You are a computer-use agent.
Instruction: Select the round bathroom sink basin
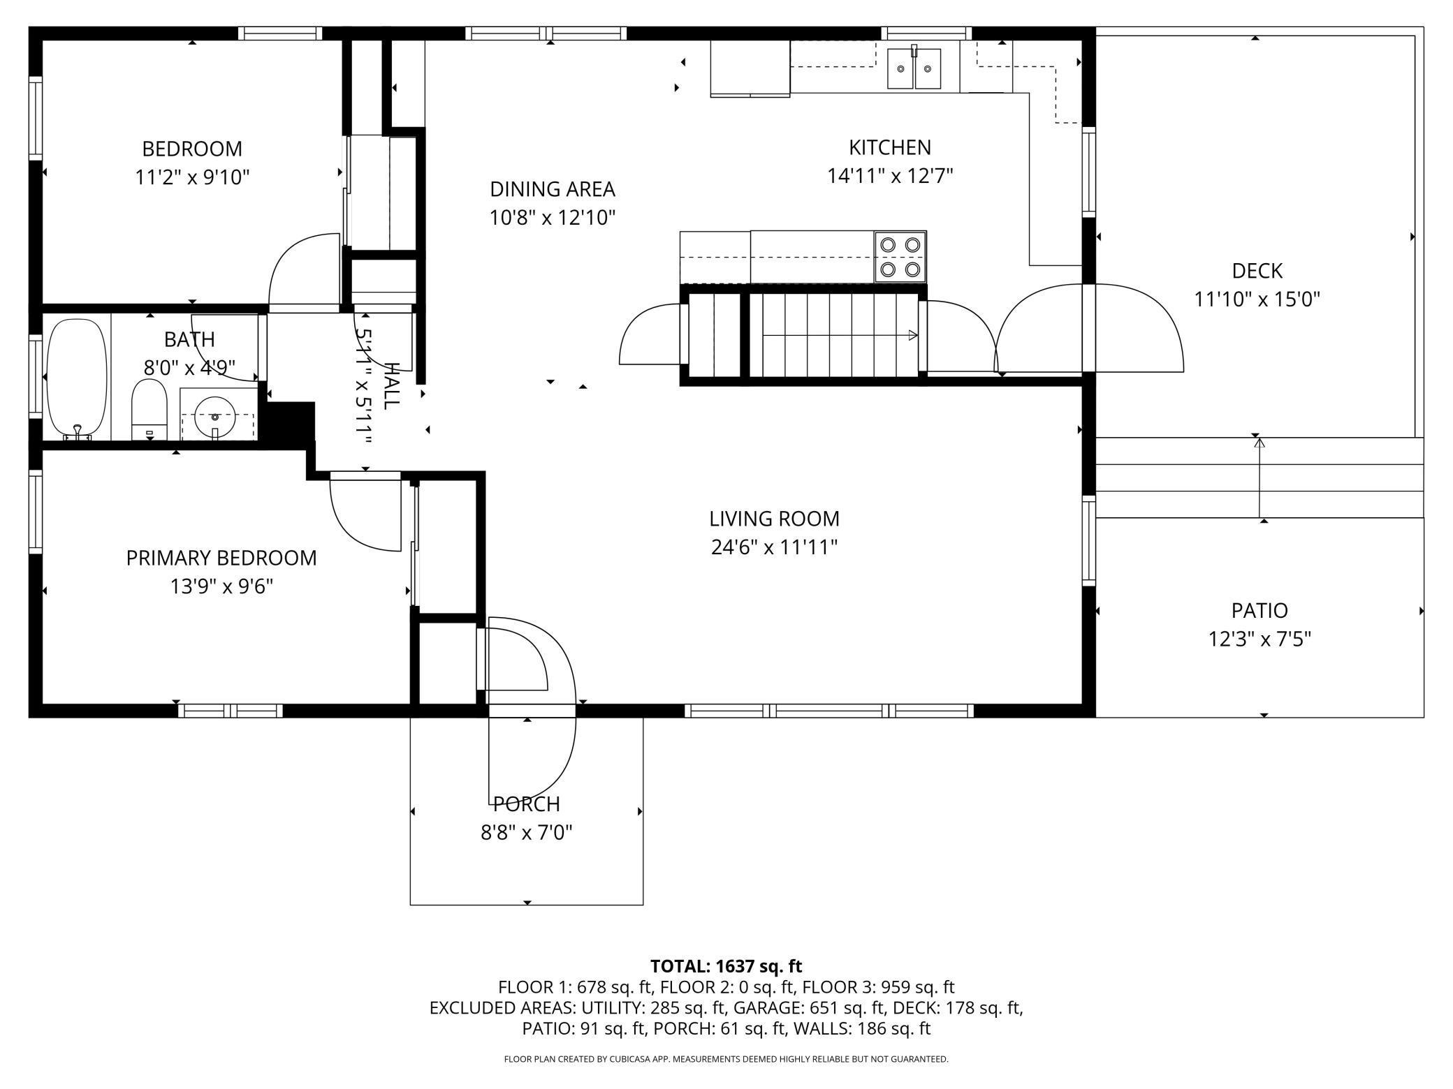pos(215,416)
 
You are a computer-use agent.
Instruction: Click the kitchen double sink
pos(914,68)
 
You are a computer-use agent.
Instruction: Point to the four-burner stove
pos(900,257)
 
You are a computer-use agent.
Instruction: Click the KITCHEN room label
pos(890,147)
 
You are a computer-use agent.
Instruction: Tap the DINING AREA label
pos(553,189)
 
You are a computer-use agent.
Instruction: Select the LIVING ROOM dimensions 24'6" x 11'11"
pos(774,547)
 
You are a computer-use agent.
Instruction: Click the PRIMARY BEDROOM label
pos(221,558)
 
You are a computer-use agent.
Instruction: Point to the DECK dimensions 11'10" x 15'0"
pos(1257,299)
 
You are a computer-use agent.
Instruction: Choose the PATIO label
pos(1259,611)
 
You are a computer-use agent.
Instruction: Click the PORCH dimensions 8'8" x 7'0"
pos(527,833)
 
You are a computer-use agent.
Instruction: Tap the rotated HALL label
pos(391,386)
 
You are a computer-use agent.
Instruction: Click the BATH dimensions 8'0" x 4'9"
pos(190,367)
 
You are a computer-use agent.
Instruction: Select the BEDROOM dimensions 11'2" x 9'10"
pos(192,177)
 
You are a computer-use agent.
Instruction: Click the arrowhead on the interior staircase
pos(912,336)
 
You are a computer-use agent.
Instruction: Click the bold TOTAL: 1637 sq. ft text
pos(726,966)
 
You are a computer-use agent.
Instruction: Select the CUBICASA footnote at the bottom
pos(726,1059)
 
